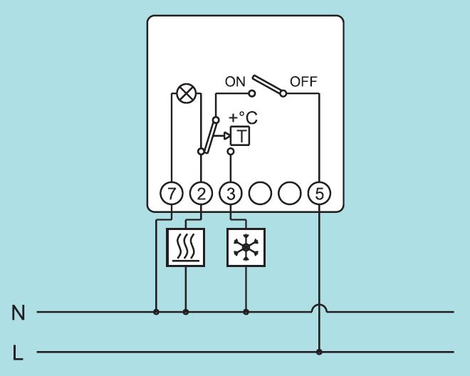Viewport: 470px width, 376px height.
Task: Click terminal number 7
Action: (172, 192)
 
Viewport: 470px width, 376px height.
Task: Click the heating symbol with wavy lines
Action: (185, 247)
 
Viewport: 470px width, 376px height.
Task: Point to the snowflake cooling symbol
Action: (246, 247)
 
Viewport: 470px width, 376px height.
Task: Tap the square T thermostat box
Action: (241, 136)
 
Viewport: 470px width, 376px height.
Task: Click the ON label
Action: (235, 81)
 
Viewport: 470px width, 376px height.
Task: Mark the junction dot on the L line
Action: (318, 352)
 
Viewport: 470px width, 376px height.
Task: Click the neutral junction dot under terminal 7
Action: (156, 311)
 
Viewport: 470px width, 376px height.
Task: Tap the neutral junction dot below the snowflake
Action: (246, 311)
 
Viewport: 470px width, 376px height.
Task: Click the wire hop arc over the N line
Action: (318, 308)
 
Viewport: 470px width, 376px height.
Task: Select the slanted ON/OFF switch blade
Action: (268, 85)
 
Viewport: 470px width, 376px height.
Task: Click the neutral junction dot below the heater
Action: (186, 311)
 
